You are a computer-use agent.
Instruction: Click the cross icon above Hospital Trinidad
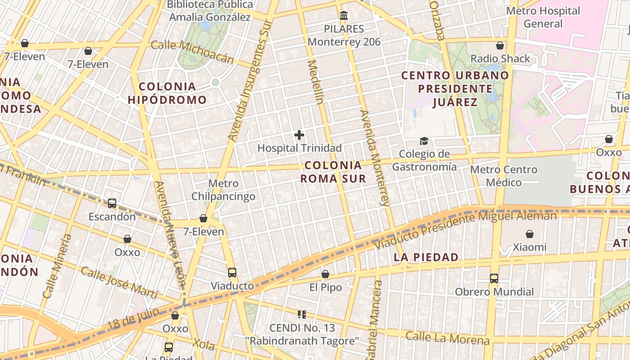click(299, 135)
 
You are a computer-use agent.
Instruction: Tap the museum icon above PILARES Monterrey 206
click(344, 16)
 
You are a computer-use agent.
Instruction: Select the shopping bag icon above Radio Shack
click(499, 45)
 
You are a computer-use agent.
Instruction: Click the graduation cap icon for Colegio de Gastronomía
click(424, 142)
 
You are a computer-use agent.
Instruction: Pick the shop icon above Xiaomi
click(530, 234)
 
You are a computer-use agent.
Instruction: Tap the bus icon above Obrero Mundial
click(494, 279)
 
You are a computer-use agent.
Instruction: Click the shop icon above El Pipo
click(325, 274)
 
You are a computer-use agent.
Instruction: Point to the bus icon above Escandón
click(112, 203)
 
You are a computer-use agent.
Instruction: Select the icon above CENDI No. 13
click(302, 315)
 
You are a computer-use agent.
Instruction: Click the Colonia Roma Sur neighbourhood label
click(333, 172)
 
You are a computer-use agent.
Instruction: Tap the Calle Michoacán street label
click(193, 52)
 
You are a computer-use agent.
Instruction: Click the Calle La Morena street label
click(447, 338)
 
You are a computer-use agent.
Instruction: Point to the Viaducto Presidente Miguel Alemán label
click(466, 230)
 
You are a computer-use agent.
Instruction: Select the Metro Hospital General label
click(543, 17)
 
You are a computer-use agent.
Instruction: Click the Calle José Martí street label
click(119, 283)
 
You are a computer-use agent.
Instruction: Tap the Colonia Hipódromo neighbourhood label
click(167, 93)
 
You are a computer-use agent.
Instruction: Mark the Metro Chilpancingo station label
click(223, 190)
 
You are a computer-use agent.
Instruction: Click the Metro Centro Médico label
click(504, 176)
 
